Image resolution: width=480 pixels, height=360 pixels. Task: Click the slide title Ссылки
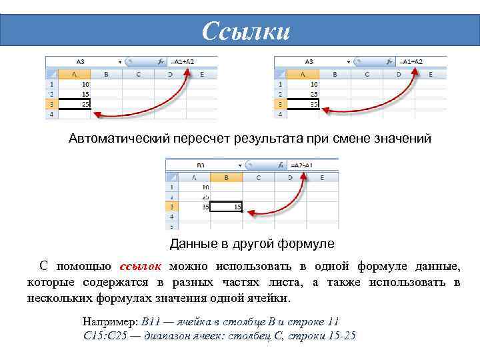[x=246, y=31]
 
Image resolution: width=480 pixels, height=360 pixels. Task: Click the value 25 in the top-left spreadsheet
[x=85, y=104]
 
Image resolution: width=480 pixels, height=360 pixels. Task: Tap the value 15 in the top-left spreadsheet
[x=85, y=94]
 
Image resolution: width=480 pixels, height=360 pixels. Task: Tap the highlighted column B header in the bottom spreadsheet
[x=226, y=177]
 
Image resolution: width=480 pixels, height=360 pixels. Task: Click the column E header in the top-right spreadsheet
[x=431, y=74]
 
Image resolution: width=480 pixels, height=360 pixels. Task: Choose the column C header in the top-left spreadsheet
[x=137, y=74]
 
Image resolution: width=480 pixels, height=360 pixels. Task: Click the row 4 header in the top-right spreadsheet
[x=281, y=114]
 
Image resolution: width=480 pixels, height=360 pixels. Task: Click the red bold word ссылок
[x=141, y=267]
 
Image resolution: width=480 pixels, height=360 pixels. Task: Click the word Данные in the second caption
[x=191, y=243]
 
